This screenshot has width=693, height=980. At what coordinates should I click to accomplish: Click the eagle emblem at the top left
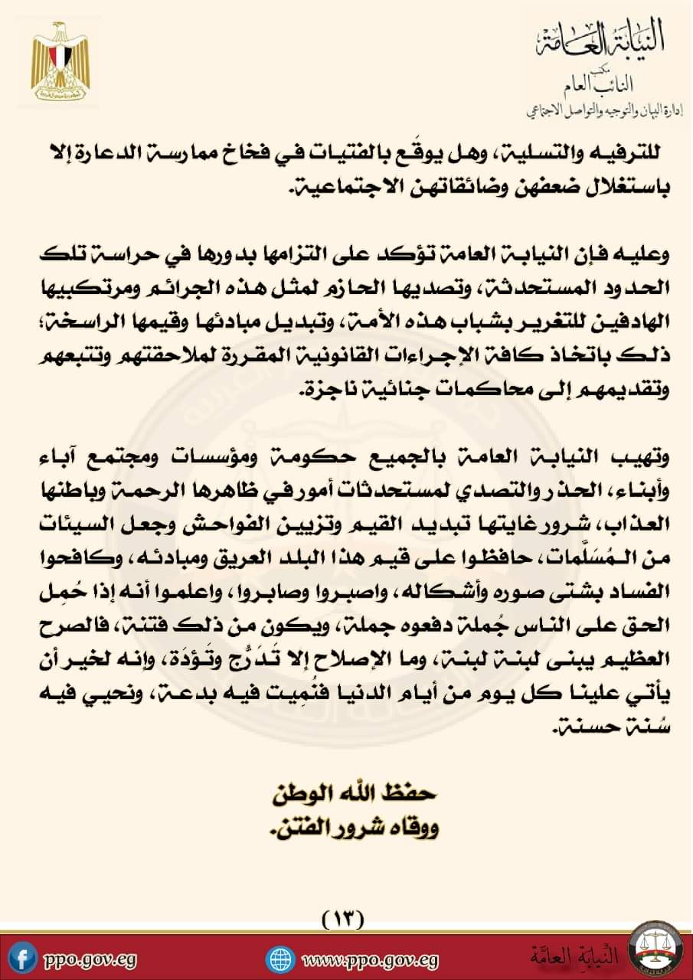click(x=60, y=64)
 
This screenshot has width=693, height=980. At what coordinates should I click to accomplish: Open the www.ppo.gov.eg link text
click(x=371, y=959)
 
